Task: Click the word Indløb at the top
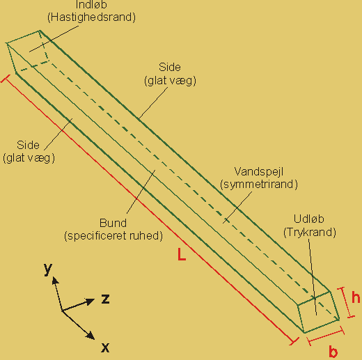91,4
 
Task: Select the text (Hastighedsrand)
91,17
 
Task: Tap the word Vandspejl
259,172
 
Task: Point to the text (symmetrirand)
259,185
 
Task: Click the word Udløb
309,219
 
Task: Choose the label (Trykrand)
310,232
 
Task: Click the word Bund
113,223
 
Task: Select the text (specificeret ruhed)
113,236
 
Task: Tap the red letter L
182,254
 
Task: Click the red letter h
356,297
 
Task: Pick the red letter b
333,352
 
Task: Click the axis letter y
48,269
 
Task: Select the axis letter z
105,299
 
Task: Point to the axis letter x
105,347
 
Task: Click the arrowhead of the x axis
90,336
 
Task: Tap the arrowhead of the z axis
90,302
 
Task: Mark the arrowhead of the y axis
55,281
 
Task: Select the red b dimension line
325,336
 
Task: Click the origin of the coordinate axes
62,311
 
